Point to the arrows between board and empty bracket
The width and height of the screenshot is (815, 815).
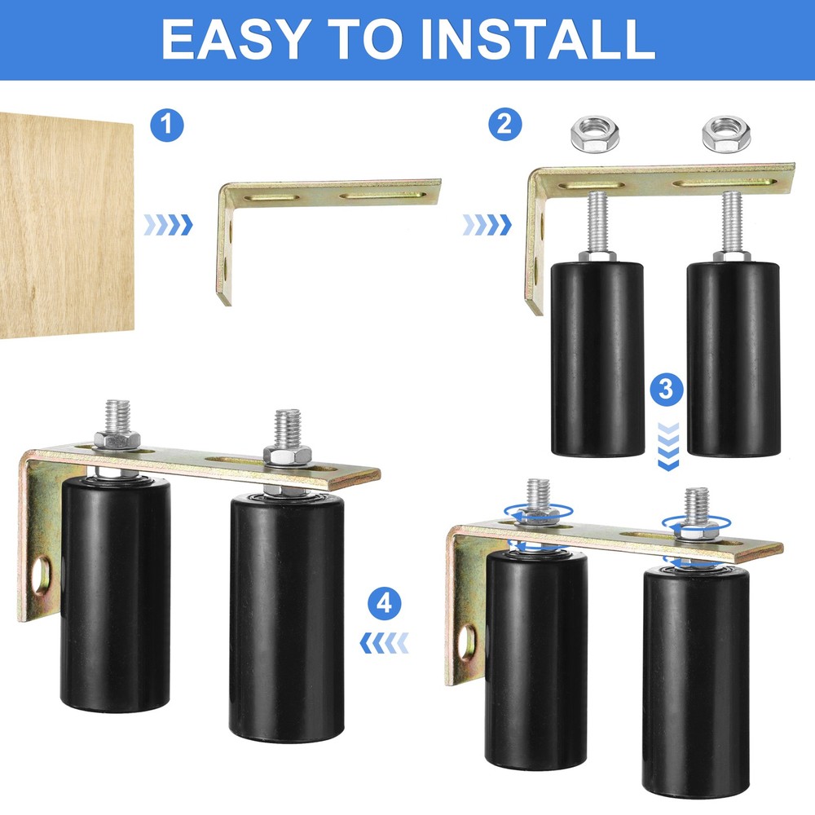(x=169, y=225)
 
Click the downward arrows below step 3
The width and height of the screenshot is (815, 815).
(x=667, y=443)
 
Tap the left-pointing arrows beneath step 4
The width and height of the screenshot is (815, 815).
(x=384, y=644)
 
